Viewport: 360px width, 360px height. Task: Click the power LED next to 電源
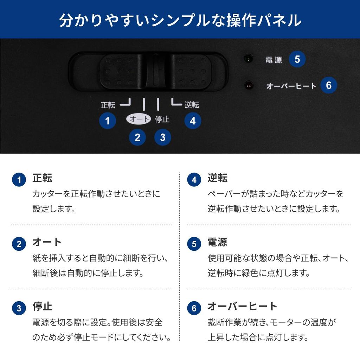248,59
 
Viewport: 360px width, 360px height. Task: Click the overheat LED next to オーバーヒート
249,85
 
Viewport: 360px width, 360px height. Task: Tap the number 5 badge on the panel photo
297,59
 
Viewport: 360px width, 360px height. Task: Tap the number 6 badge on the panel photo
329,85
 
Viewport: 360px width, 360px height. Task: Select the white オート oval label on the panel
139,119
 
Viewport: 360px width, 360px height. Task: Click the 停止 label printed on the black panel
162,119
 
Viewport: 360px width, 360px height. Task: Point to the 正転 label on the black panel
108,105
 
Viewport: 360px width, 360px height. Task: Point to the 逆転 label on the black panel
192,105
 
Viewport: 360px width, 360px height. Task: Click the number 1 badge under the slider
108,121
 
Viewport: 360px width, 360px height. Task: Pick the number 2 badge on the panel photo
137,137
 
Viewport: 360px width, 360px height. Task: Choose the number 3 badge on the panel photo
162,137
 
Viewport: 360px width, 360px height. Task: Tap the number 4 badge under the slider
193,121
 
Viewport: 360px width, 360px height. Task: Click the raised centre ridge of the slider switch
156,70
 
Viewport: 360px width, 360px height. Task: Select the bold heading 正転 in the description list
42,178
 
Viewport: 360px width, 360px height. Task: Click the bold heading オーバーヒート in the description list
243,306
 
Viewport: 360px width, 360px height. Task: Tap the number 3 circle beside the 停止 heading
19,308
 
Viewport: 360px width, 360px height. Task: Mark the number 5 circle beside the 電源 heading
194,244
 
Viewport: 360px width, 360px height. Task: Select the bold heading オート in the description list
47,242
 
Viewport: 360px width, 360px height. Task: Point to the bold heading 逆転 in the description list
218,178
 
